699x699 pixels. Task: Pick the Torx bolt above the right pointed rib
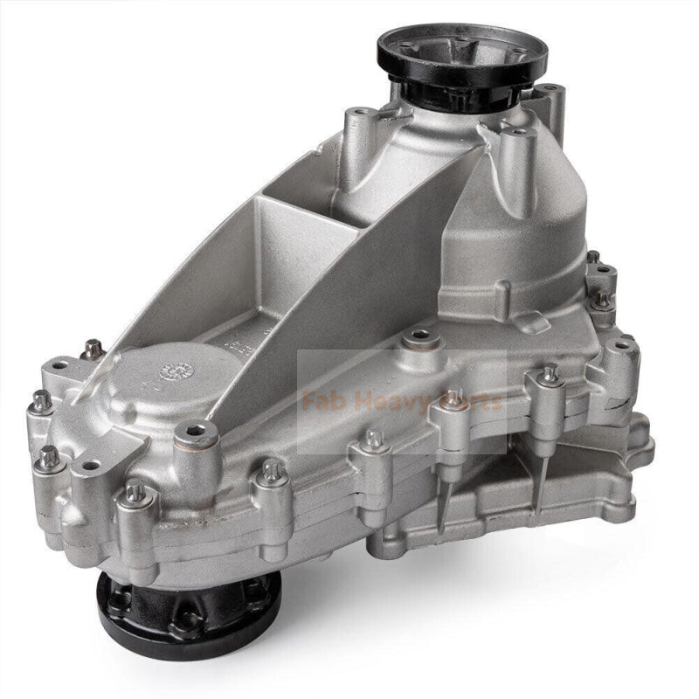(549, 374)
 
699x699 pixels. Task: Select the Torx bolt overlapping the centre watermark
(453, 397)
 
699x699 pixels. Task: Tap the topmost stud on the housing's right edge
(593, 258)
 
